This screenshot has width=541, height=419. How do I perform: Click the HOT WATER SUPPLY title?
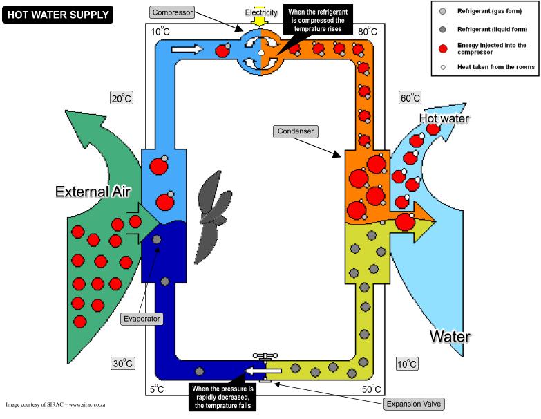coord(58,13)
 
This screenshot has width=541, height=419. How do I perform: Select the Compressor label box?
coord(172,12)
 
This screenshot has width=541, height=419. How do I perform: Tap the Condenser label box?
coord(294,131)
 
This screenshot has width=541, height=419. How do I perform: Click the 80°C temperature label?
coord(367,31)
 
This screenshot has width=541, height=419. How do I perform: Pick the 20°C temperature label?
coord(121,97)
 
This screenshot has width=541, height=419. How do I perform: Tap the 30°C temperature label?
coord(123,363)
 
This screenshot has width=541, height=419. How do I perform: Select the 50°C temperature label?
coord(371,389)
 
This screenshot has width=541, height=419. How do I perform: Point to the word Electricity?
coord(261,11)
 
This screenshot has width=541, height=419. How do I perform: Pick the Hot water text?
coord(444,118)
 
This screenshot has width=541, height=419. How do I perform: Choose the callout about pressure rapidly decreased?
coord(222,398)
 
